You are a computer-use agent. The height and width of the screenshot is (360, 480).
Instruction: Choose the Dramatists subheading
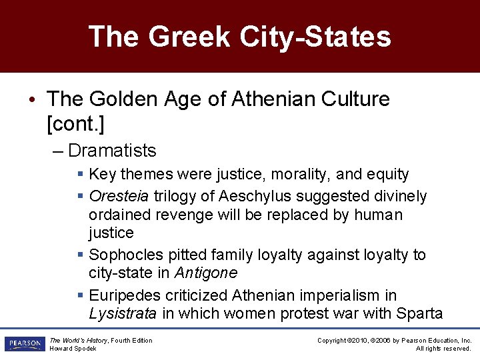coord(111,151)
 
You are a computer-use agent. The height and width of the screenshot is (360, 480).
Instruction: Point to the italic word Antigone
coord(205,273)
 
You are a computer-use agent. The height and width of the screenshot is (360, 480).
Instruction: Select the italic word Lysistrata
coord(123,313)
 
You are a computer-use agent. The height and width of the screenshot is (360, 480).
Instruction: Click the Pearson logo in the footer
coord(23,344)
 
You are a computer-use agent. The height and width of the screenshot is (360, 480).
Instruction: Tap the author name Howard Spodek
coord(73,349)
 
